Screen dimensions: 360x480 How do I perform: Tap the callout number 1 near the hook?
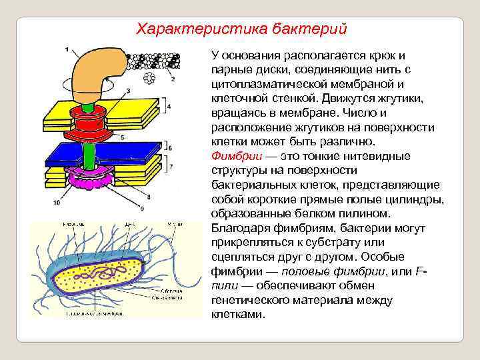[x=67, y=49]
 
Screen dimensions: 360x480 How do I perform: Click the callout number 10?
[x=57, y=201]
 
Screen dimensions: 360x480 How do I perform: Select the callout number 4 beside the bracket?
[x=169, y=107]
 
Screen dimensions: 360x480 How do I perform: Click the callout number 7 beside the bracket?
[x=170, y=165]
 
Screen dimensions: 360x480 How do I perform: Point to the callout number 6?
[x=170, y=147]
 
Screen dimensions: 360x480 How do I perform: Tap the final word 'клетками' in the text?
[x=237, y=314]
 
